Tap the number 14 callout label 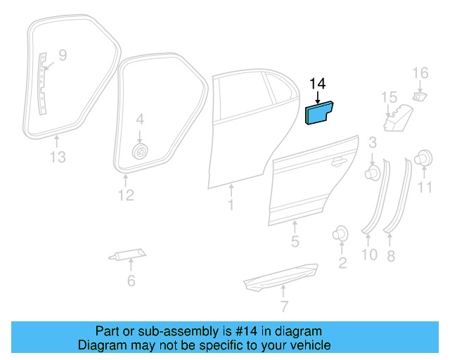click(x=318, y=84)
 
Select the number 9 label click(x=62, y=54)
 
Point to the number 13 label click(x=58, y=157)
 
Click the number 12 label click(x=125, y=195)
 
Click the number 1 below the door click(x=230, y=205)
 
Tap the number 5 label click(x=295, y=242)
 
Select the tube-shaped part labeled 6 click(x=128, y=255)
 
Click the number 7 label click(x=283, y=307)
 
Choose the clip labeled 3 click(x=372, y=171)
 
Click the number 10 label click(x=369, y=255)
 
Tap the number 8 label click(x=391, y=255)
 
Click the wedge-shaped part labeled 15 click(x=395, y=120)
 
